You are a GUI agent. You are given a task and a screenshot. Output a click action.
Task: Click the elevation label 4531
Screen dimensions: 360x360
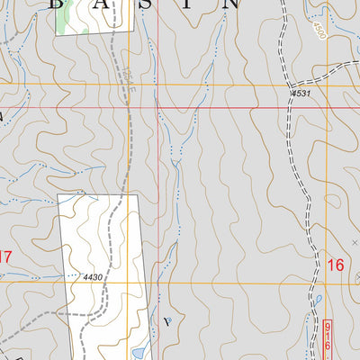pos(300,94)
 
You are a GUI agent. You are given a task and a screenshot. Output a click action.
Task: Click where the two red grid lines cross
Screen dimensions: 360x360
pos(157,108)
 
